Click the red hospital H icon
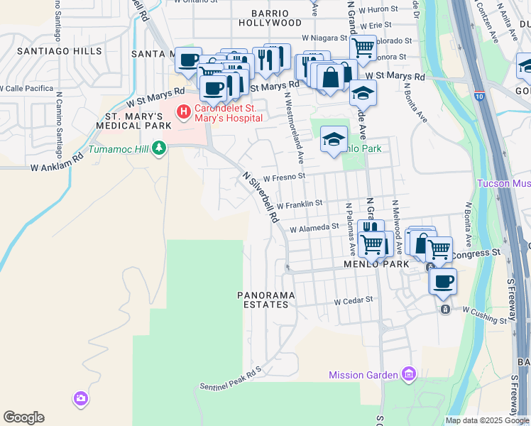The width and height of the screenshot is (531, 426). [x=184, y=111]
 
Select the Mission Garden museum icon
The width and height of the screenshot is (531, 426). [x=408, y=374]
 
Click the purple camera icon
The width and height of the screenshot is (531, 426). [x=81, y=399]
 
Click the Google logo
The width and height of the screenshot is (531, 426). [x=23, y=417]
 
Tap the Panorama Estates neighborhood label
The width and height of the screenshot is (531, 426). [x=263, y=300]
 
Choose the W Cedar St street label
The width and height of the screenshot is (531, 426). [x=354, y=300]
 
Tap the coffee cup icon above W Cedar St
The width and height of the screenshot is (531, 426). [x=443, y=280]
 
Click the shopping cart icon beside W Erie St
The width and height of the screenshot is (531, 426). [x=363, y=48]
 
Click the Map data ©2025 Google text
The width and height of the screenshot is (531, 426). [x=487, y=420]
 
